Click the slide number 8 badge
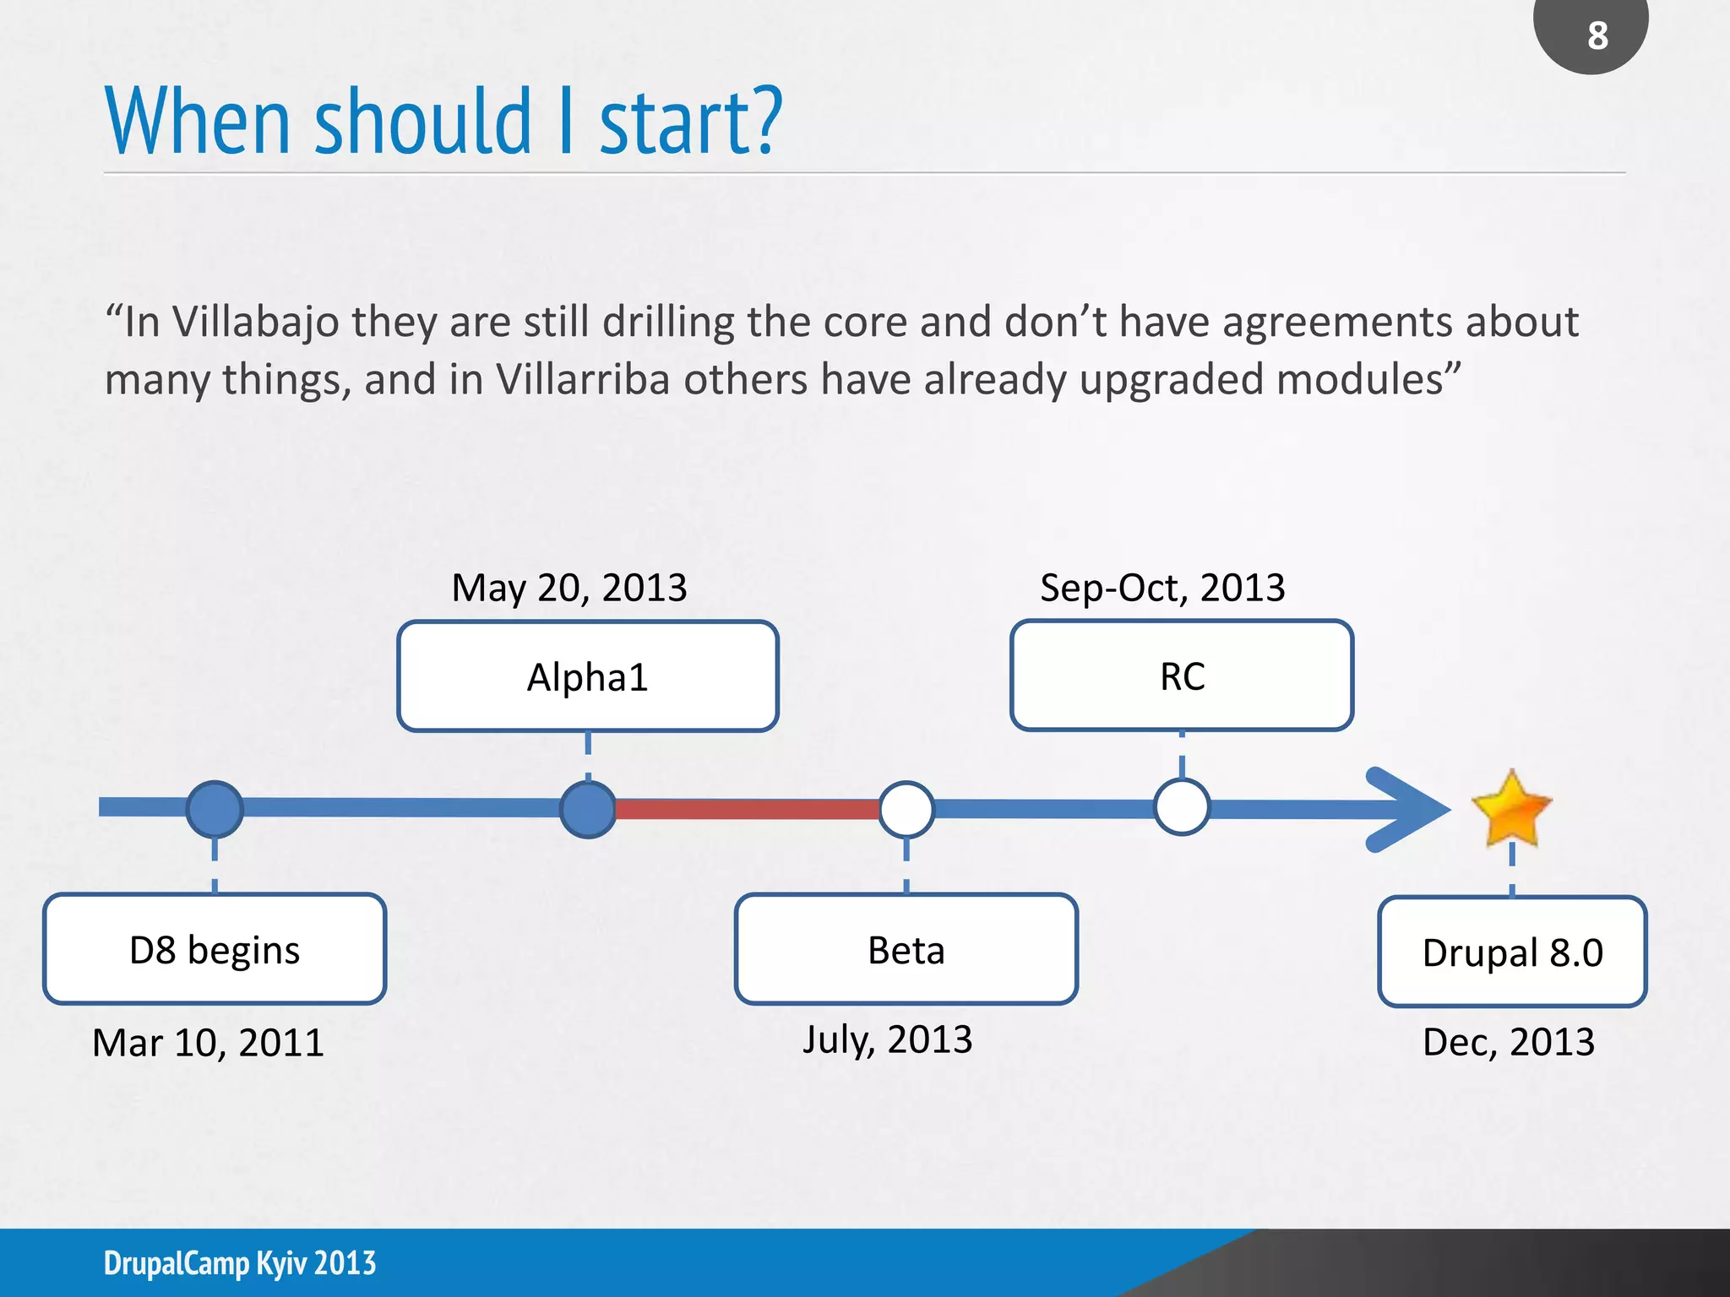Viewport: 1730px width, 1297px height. coord(1591,34)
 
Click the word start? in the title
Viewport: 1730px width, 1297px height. coord(691,123)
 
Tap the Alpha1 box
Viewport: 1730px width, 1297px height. coord(588,676)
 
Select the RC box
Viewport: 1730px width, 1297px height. coord(1182,676)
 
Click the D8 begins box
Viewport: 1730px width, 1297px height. coord(215,949)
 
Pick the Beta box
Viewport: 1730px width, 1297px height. coord(906,949)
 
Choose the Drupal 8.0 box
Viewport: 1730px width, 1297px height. coord(1512,952)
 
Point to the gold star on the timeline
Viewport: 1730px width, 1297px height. coord(1511,809)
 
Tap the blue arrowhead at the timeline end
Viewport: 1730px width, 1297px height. coord(1411,809)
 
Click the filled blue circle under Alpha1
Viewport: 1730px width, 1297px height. coord(588,809)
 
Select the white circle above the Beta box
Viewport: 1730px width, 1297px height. coord(906,809)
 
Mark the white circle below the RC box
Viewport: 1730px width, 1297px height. coord(1182,807)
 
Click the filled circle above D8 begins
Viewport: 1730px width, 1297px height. coord(215,809)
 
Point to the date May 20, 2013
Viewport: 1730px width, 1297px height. coord(569,588)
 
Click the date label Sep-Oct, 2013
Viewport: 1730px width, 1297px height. coord(1162,588)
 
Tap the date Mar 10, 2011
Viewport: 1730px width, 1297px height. coord(208,1043)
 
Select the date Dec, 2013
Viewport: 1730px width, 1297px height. coord(1509,1042)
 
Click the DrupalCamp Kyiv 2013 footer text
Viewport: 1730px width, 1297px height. coord(240,1263)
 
